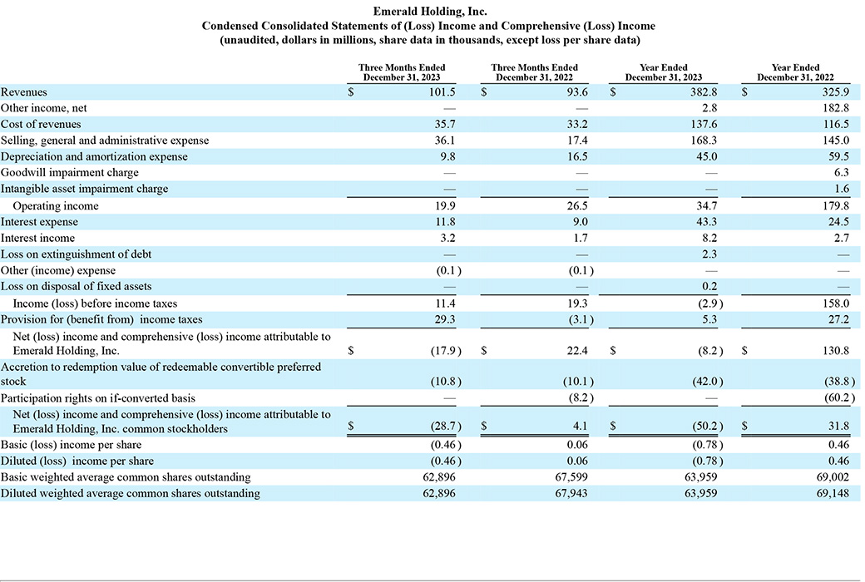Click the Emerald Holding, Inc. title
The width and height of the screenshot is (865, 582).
[x=430, y=11]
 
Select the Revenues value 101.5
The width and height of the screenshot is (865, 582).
[x=442, y=92]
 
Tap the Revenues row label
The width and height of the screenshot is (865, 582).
[x=24, y=92]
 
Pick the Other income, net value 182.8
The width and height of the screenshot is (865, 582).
[x=836, y=108]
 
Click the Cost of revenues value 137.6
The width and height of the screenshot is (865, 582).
[x=704, y=124]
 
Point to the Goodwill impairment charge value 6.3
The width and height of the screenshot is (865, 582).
[x=842, y=173]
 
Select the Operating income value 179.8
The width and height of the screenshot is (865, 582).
[x=836, y=205]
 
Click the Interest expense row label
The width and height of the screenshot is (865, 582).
[x=39, y=222]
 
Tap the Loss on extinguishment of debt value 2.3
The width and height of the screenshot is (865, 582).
[x=710, y=254]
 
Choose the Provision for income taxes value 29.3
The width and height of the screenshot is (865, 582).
[x=445, y=319]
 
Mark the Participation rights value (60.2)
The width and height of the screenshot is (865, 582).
[x=840, y=398]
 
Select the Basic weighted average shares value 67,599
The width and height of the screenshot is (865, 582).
[x=571, y=477]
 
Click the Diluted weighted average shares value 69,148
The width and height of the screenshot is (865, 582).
[x=833, y=493]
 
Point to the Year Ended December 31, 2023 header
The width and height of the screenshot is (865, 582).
[x=664, y=72]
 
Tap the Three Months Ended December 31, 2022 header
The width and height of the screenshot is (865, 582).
[x=535, y=72]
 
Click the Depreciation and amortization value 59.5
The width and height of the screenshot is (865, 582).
[x=838, y=156]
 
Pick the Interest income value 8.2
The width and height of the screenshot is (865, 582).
[x=710, y=239]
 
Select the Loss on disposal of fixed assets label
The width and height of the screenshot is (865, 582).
[x=77, y=286]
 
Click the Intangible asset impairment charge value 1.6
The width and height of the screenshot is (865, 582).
[x=842, y=189]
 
